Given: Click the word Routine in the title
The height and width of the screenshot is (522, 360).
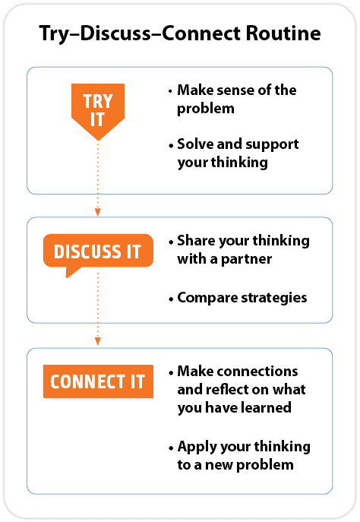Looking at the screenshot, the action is tap(283, 33).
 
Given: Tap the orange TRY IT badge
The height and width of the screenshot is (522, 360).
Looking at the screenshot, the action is tap(98, 110).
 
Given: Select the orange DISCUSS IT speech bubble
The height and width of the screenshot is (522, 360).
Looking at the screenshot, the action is tap(98, 253).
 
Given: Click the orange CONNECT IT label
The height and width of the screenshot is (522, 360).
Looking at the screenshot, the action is tap(98, 381).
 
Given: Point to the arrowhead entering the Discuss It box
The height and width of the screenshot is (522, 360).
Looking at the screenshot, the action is tap(98, 212).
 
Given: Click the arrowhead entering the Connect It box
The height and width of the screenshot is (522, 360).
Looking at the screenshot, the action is tap(98, 341).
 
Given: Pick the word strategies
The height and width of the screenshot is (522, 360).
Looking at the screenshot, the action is tap(274, 298).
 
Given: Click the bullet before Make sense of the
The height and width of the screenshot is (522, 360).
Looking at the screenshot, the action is tap(171, 91).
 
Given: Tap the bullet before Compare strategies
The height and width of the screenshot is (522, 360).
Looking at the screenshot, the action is tap(171, 299).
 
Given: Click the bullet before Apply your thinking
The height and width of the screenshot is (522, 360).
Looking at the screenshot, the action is tap(171, 448).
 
